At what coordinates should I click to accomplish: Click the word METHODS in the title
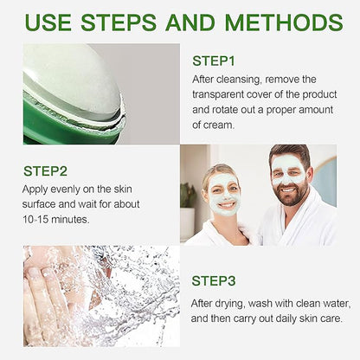tap(284, 22)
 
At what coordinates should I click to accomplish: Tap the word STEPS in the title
tap(119, 22)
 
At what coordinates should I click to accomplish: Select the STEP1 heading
tap(214, 61)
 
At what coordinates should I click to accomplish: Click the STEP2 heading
tap(45, 171)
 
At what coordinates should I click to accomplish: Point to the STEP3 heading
tap(214, 280)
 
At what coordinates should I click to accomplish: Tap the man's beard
tap(293, 194)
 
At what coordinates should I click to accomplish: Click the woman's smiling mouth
tap(226, 205)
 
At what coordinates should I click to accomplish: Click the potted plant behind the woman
tap(187, 196)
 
